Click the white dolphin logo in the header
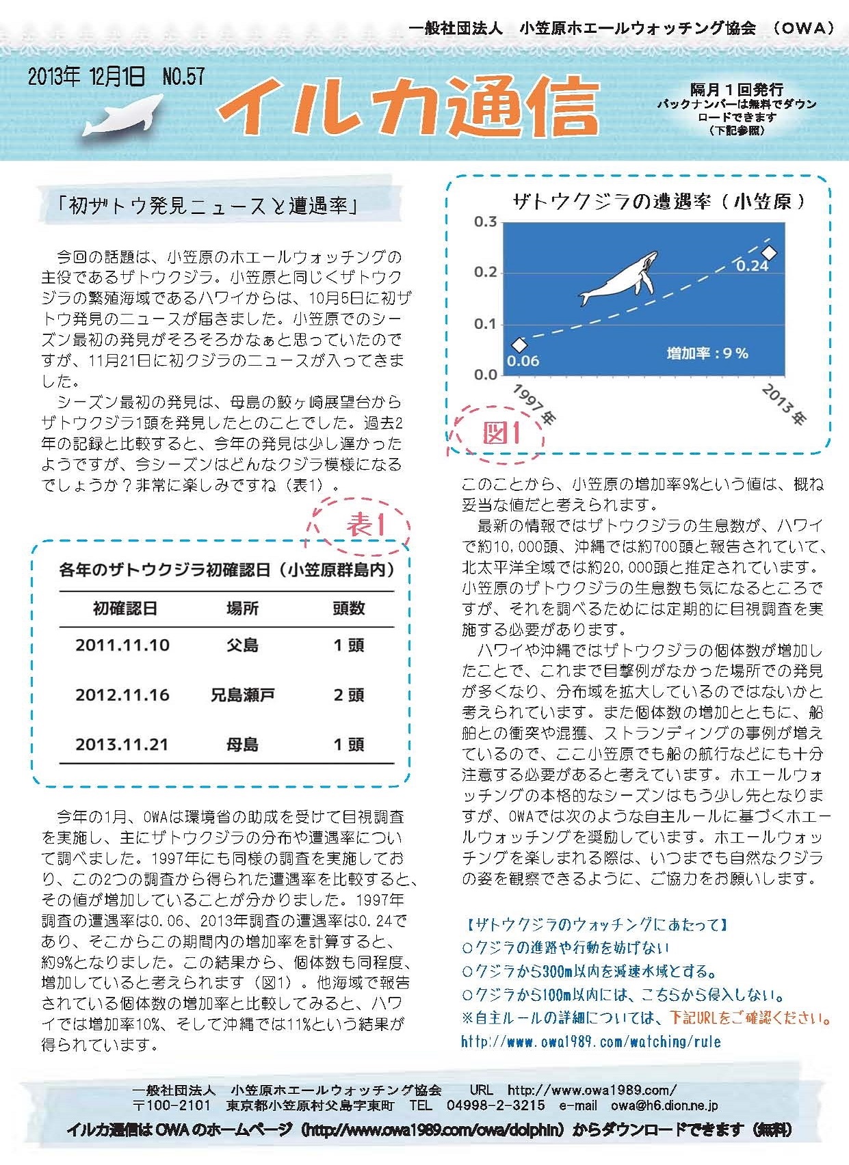pyautogui.click(x=124, y=117)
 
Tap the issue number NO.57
pyautogui.click(x=183, y=77)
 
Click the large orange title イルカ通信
pyautogui.click(x=409, y=106)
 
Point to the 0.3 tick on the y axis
pyautogui.click(x=485, y=222)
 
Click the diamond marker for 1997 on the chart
pyautogui.click(x=519, y=345)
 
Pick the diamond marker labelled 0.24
pyautogui.click(x=769, y=253)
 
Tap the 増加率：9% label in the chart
pyautogui.click(x=707, y=353)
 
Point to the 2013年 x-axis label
pyautogui.click(x=784, y=404)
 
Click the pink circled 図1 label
pyautogui.click(x=501, y=433)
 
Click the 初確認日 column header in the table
pyautogui.click(x=125, y=608)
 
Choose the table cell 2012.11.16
pyautogui.click(x=122, y=695)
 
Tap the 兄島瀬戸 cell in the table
pyautogui.click(x=242, y=695)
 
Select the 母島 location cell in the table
pyautogui.click(x=242, y=745)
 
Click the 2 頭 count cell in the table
pyautogui.click(x=348, y=695)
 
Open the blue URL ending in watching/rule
pyautogui.click(x=591, y=1042)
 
